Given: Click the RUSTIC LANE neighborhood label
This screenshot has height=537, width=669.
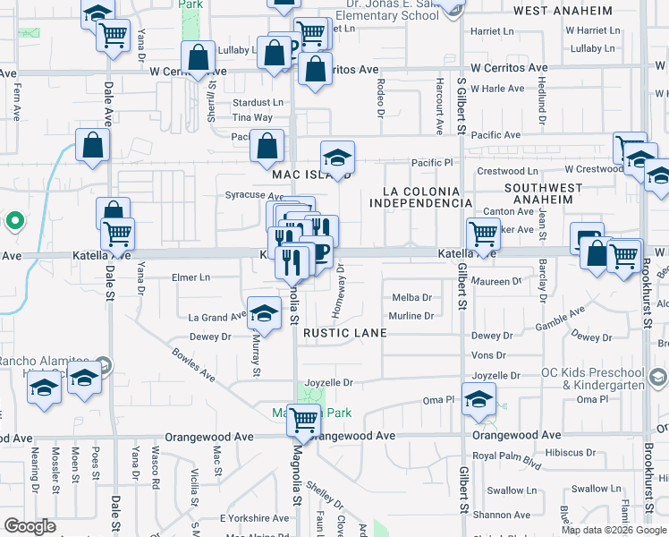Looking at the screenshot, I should (344, 333).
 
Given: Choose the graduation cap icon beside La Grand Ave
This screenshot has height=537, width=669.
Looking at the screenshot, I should (264, 312).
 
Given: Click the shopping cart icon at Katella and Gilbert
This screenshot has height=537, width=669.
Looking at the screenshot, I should (483, 234).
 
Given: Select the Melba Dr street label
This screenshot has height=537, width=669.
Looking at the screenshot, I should (412, 298).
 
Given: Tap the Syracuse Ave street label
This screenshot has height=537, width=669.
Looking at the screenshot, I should (253, 195).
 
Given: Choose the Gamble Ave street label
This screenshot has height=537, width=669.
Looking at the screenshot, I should (560, 318).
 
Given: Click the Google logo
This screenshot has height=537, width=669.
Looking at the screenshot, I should (30, 525).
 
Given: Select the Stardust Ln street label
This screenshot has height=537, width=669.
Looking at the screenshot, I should (258, 103).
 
